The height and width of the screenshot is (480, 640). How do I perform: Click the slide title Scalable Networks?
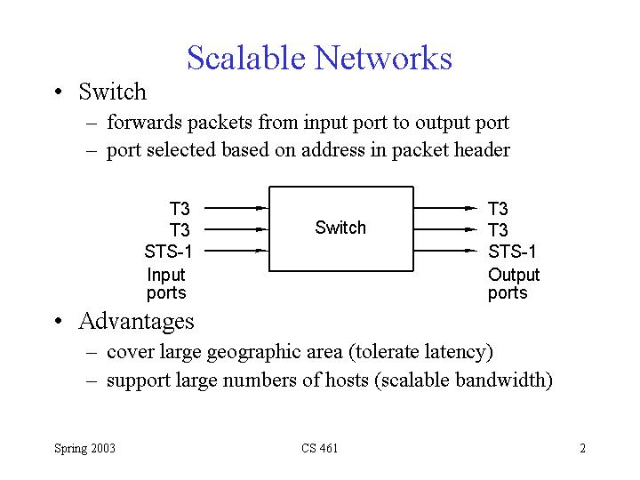pyautogui.click(x=319, y=58)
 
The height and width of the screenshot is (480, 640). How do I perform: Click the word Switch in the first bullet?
pyautogui.click(x=112, y=92)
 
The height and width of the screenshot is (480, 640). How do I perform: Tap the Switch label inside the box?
pyautogui.click(x=340, y=228)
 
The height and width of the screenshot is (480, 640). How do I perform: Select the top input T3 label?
pyautogui.click(x=180, y=209)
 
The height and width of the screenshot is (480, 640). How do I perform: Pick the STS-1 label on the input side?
pyautogui.click(x=168, y=252)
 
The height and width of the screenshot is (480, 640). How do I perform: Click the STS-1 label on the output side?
pyautogui.click(x=513, y=252)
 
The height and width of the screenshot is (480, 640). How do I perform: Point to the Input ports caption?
pyautogui.click(x=166, y=284)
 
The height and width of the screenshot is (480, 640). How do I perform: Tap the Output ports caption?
pyautogui.click(x=513, y=284)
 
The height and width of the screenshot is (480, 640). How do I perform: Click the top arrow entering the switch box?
pyautogui.click(x=236, y=208)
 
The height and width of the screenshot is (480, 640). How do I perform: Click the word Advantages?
pyautogui.click(x=136, y=320)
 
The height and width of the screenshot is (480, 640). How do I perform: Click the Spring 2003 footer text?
pyautogui.click(x=84, y=448)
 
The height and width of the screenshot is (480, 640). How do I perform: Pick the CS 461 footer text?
pyautogui.click(x=319, y=448)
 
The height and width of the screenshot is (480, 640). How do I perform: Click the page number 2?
pyautogui.click(x=582, y=448)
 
